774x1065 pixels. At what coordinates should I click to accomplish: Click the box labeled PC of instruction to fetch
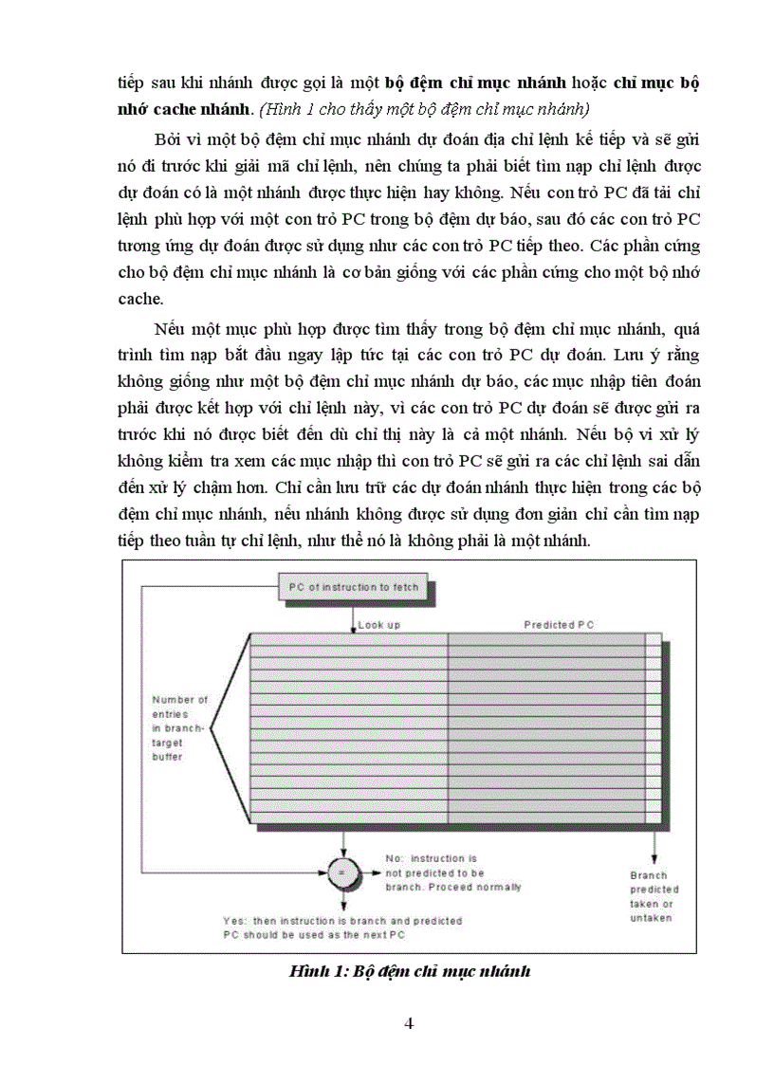coord(352,587)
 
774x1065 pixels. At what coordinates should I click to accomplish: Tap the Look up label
coord(379,625)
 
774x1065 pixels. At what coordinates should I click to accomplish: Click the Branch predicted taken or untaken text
coord(654,896)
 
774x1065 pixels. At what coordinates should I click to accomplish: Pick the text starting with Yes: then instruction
coord(341,927)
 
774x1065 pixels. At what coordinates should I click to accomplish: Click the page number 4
coord(408,1022)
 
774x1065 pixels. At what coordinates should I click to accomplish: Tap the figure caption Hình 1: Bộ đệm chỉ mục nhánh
coord(408,971)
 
